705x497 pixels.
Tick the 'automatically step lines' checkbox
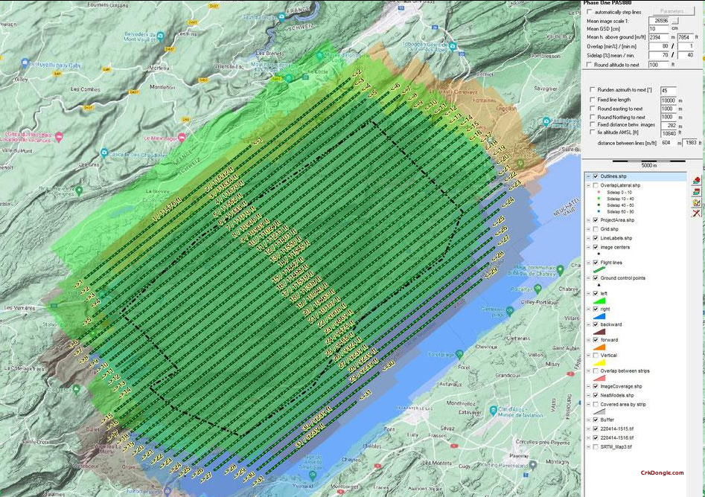tap(590, 12)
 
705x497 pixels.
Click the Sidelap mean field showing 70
tap(660, 55)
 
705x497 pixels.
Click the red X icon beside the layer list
tap(696, 214)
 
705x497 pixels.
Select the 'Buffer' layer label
tap(608, 420)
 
